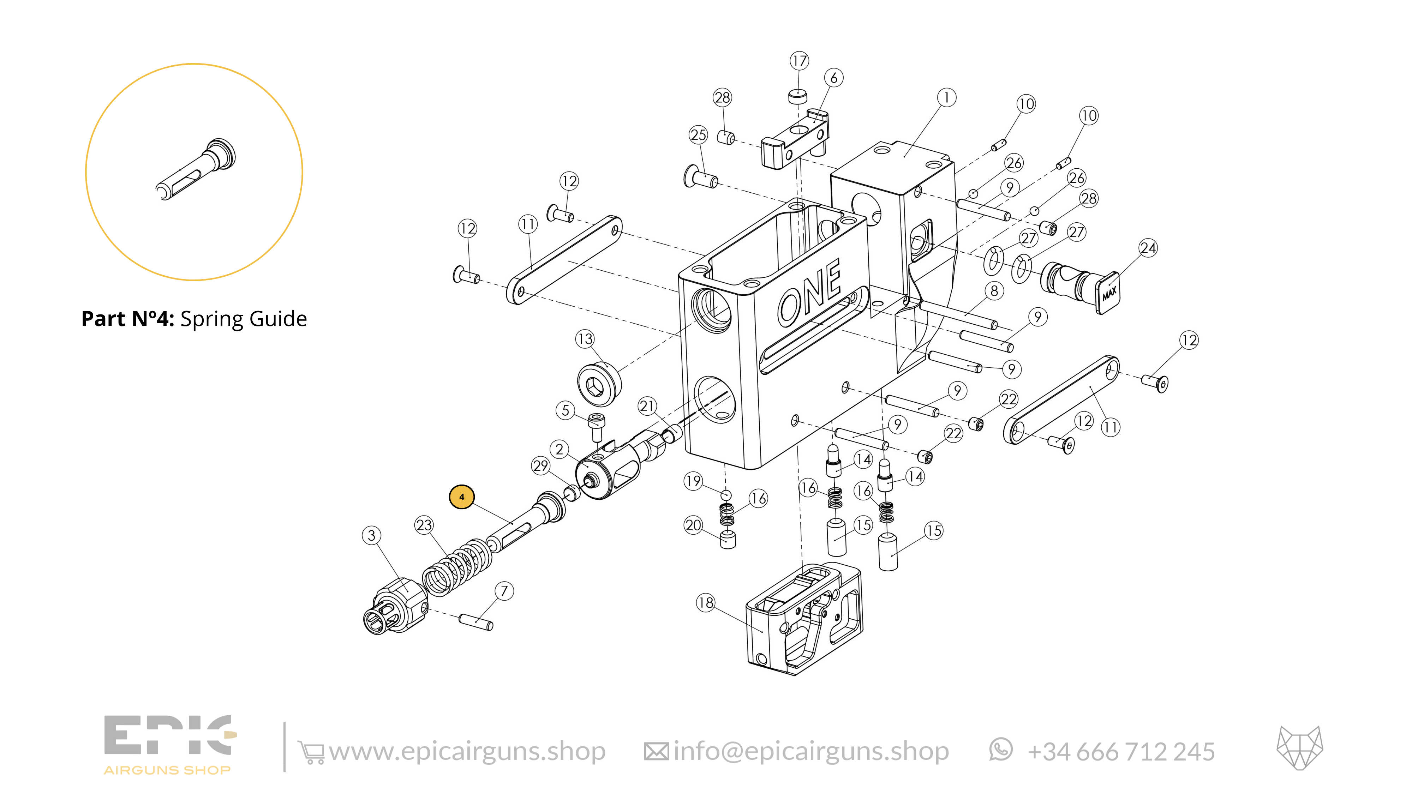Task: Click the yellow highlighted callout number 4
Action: (x=461, y=497)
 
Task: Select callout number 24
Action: (x=1148, y=248)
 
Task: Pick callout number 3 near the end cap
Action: (x=372, y=535)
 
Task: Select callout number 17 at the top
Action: (x=799, y=60)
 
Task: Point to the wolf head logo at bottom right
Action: (x=1300, y=748)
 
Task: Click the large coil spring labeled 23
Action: (x=456, y=568)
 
